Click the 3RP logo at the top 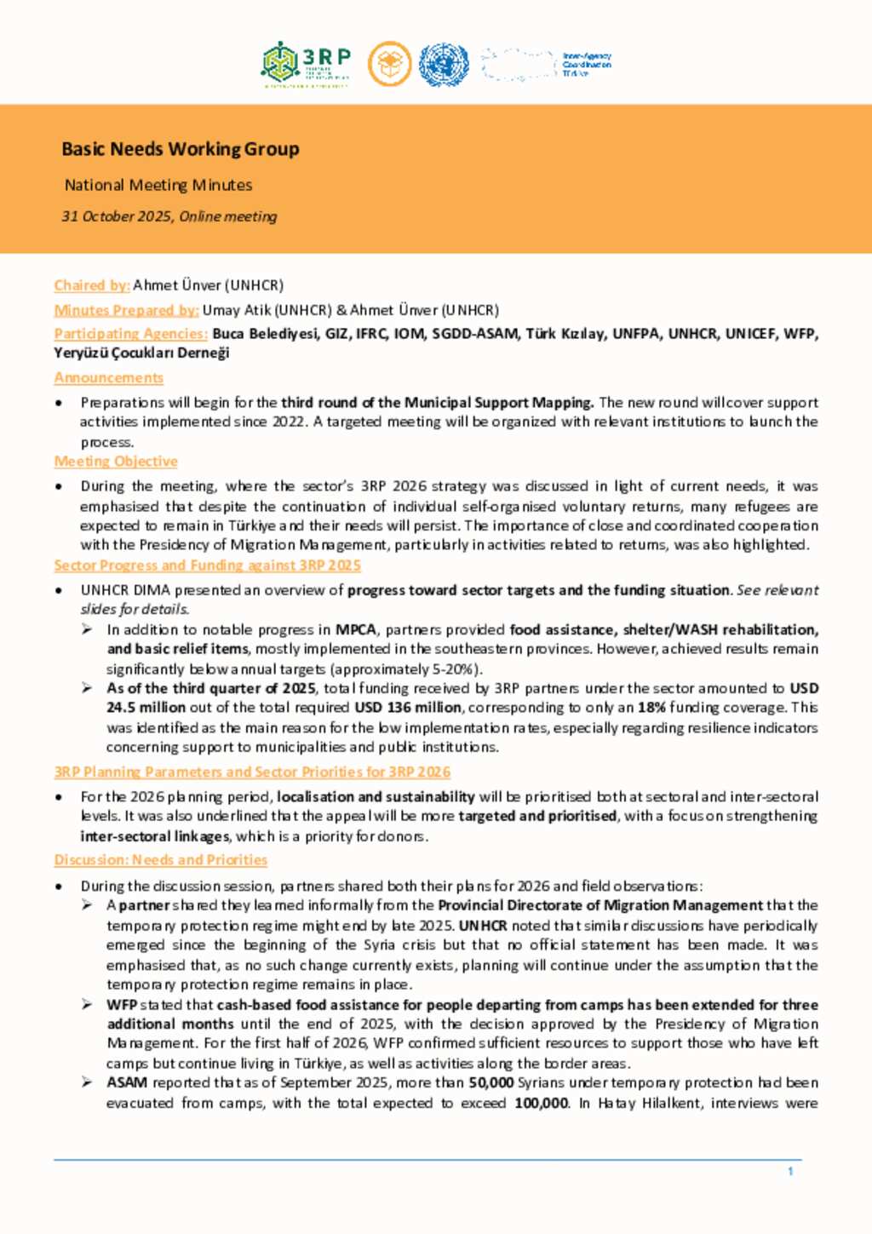click(306, 64)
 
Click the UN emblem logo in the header click(444, 65)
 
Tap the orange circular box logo click(390, 65)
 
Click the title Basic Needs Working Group click(181, 149)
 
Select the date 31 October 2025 click(117, 216)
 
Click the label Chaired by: click(92, 285)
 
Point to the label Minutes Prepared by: click(127, 310)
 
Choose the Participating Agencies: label click(131, 334)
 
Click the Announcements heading click(109, 377)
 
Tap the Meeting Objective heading click(116, 462)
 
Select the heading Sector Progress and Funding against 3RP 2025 click(208, 565)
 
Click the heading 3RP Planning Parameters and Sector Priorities click(252, 772)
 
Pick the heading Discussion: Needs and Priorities click(161, 860)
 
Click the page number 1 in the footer click(790, 1172)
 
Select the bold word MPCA click(355, 630)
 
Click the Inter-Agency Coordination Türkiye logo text click(587, 65)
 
